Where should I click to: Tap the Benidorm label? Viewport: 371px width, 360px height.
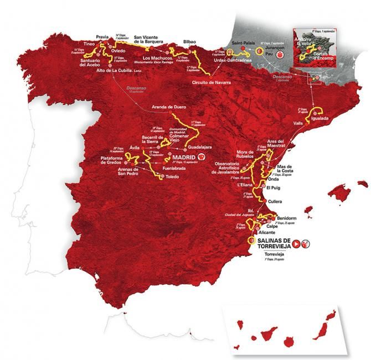pos(291,218)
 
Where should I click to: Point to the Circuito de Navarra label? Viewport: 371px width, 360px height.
pos(211,82)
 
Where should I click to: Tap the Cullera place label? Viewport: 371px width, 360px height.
pos(275,202)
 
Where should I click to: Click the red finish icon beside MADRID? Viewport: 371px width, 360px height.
pos(202,156)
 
